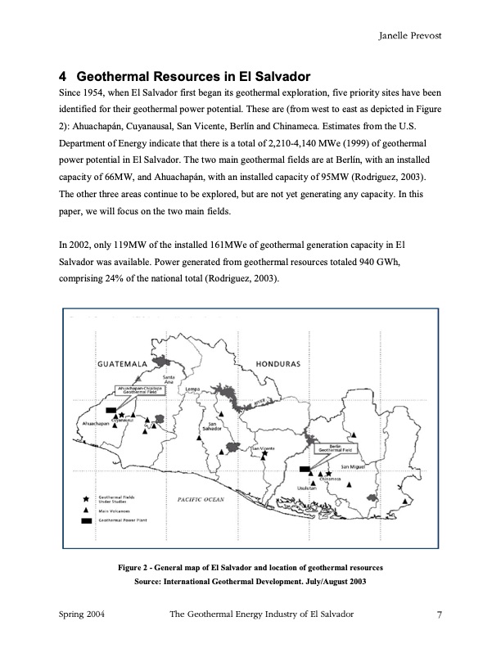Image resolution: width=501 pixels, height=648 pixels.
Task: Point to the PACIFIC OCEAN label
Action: coord(201,497)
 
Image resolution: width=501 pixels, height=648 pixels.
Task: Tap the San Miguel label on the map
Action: coord(354,465)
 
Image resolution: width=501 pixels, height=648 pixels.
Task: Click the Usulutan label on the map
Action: coord(307,487)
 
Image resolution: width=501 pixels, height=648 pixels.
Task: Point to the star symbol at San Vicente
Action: coord(264,454)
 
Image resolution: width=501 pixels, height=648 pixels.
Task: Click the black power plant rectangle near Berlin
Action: coord(305,469)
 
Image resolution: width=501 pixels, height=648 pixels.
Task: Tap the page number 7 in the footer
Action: coord(440,614)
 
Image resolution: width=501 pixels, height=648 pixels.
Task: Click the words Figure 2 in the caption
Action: coord(137,567)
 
